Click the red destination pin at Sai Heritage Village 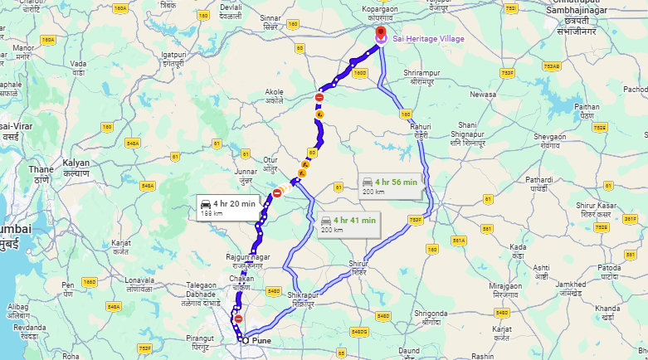coord(381,34)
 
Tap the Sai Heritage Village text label coord(428,39)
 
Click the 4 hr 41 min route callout coord(348,224)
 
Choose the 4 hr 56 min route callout coord(390,185)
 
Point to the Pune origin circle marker coord(245,339)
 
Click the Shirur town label coord(358,267)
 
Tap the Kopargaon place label coord(387,12)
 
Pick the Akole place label coord(274,96)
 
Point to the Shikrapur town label coord(305,299)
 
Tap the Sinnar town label coord(270,21)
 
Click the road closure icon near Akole coord(319,98)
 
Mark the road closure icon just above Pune coord(238,319)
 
